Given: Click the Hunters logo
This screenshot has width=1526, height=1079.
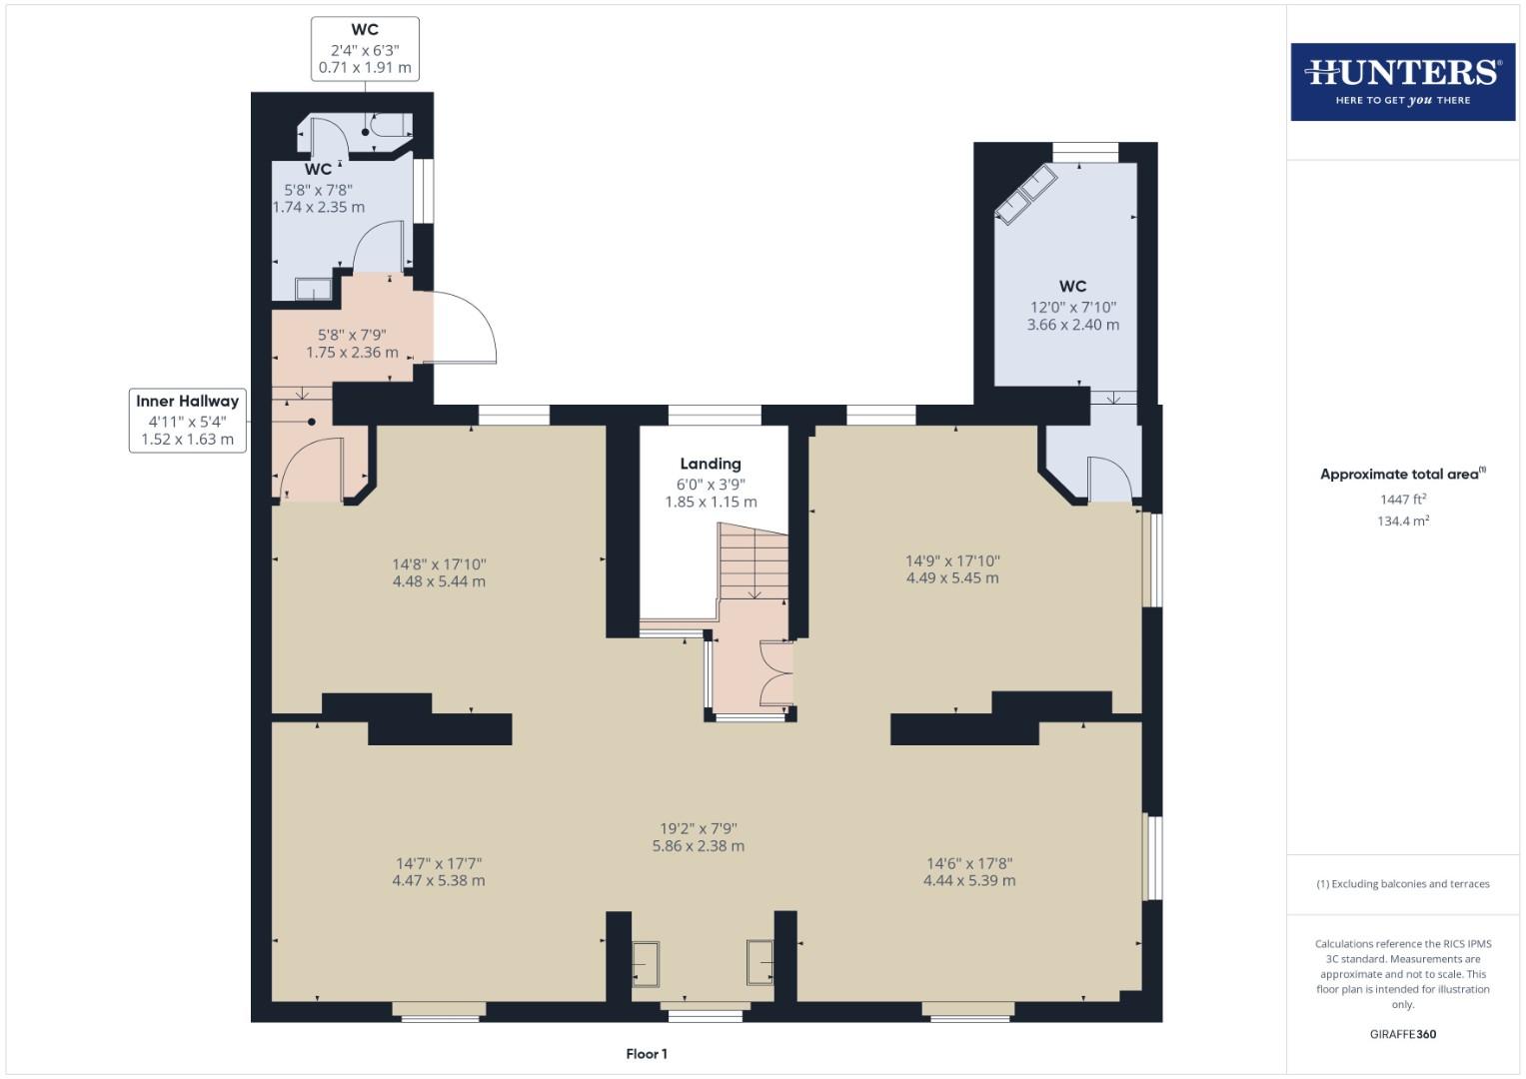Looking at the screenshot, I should coord(1402,82).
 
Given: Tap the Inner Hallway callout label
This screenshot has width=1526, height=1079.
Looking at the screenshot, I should coord(187,420).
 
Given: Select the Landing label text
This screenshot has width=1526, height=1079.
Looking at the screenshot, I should coord(711,464).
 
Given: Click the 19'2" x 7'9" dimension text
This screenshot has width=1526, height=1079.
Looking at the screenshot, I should coord(698,837).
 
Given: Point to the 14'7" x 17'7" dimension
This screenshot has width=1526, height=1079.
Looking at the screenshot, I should coord(439,871).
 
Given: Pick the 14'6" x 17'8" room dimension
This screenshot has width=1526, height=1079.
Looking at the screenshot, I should coord(968,871).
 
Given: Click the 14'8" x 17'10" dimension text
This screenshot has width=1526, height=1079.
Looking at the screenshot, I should coord(439,572).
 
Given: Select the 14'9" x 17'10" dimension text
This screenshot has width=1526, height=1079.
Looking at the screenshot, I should coord(951,569).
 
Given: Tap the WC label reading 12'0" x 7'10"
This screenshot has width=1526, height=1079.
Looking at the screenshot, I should coord(1072,306).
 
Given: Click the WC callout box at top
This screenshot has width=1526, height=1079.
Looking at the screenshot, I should coord(365,49).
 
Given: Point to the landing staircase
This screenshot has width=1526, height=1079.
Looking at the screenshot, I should coord(753,564).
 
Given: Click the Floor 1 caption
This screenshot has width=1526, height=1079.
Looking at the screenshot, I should coord(647,1054).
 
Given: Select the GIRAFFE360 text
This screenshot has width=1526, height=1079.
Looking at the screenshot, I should coord(1402,1034).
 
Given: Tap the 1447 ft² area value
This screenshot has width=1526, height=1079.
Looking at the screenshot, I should coord(1402,500).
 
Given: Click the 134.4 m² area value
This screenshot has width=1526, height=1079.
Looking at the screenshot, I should coord(1402,521).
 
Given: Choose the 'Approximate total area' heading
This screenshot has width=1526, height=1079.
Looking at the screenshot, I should coord(1402,475).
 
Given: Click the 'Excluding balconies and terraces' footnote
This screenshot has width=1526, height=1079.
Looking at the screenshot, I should coord(1402,884).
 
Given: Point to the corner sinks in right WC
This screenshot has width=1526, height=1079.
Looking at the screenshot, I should coord(1026,194).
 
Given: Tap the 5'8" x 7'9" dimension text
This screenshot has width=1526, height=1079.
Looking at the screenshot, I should coord(352,344).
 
